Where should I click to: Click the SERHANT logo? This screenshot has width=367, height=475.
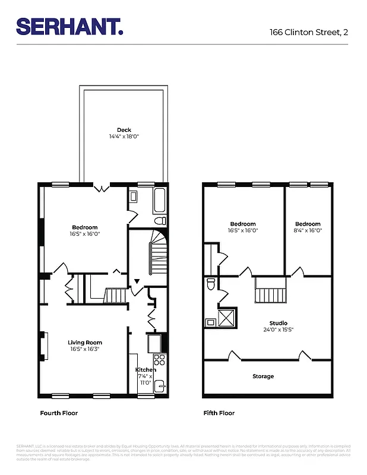pyautogui.click(x=69, y=26)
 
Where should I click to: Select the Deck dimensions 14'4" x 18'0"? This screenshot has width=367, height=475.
pyautogui.click(x=124, y=137)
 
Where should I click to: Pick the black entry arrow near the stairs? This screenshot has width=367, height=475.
pyautogui.click(x=137, y=281)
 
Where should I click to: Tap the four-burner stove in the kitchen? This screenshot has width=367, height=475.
pyautogui.click(x=160, y=359)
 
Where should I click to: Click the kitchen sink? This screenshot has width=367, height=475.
pyautogui.click(x=159, y=387)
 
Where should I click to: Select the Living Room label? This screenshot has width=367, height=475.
pyautogui.click(x=85, y=343)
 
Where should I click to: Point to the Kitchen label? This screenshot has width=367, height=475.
pyautogui.click(x=145, y=369)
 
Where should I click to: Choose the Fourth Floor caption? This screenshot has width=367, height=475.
pyautogui.click(x=59, y=413)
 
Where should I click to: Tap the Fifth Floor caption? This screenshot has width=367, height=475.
pyautogui.click(x=219, y=413)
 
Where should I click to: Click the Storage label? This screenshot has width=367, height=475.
pyautogui.click(x=263, y=376)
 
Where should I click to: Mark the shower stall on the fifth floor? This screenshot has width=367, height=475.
pyautogui.click(x=227, y=318)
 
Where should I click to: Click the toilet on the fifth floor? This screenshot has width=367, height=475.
pyautogui.click(x=210, y=286)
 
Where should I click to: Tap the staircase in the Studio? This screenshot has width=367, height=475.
pyautogui.click(x=270, y=292)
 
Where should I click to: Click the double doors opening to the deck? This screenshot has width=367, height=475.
pyautogui.click(x=102, y=188)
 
